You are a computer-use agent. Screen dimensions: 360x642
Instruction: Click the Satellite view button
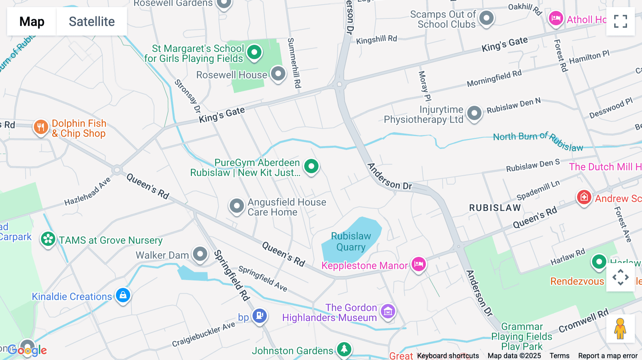(92, 21)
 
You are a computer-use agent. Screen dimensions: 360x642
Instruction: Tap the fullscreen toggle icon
(620, 21)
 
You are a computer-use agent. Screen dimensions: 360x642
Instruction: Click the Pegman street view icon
(620, 328)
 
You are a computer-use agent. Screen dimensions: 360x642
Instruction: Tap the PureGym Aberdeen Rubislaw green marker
(311, 166)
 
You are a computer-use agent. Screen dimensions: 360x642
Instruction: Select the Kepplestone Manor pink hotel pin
(419, 264)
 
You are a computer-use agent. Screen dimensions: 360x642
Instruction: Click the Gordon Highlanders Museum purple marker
(388, 311)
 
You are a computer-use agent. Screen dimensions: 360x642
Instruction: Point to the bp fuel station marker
(260, 315)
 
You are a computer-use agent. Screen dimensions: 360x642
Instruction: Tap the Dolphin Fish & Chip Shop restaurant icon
(41, 127)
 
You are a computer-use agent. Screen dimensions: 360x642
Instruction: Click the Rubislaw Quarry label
(351, 241)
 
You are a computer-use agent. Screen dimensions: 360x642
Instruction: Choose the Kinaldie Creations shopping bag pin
(123, 295)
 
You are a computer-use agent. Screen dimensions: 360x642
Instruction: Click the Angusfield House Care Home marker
(236, 206)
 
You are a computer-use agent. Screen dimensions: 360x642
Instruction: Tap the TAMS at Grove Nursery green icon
(48, 239)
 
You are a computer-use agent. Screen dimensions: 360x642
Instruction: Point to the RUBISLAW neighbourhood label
(495, 208)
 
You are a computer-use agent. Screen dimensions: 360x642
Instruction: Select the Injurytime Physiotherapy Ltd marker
(474, 113)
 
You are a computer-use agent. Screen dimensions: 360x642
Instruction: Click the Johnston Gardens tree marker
(344, 349)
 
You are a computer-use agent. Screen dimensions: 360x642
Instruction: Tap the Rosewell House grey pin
(278, 74)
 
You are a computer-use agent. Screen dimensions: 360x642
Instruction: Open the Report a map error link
(608, 356)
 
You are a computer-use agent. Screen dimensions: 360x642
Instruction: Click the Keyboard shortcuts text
(448, 356)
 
